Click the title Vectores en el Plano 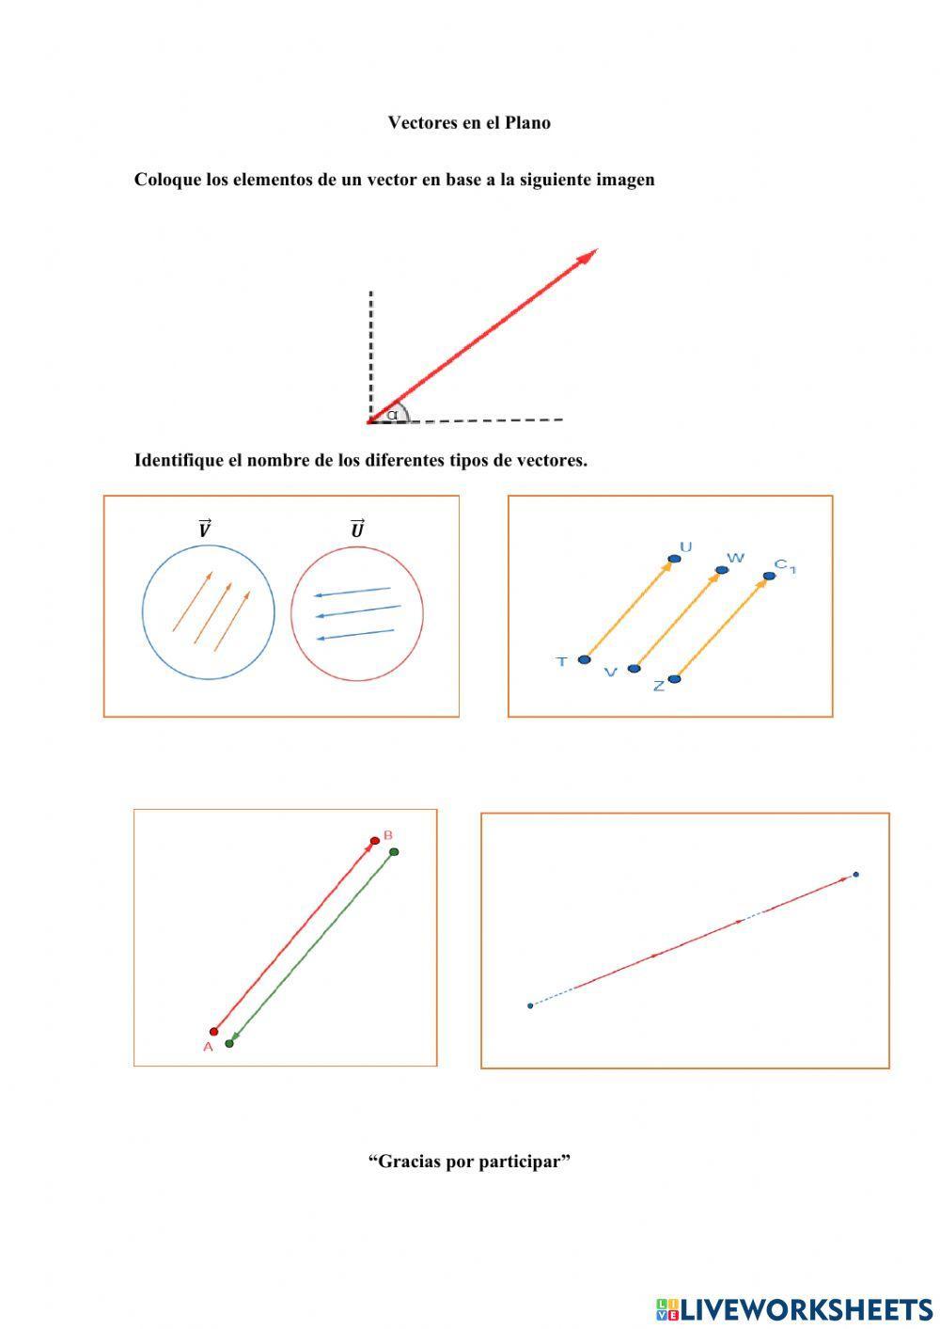pos(469,122)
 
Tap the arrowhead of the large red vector pos(589,255)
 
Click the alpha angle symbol pos(392,414)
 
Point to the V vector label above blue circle pos(204,530)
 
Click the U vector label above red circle pos(357,530)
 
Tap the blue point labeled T pos(585,660)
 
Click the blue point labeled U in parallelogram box pos(674,560)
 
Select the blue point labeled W pos(722,570)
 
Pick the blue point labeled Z pos(674,679)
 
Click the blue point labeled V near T pos(634,669)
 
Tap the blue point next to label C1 pos(770,576)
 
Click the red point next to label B pos(375,841)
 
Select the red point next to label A pos(214,1032)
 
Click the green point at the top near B pos(394,852)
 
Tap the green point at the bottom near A pos(229,1043)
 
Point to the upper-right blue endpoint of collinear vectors pos(855,875)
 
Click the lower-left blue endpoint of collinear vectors pos(530,1005)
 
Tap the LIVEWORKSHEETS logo pos(794,1308)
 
